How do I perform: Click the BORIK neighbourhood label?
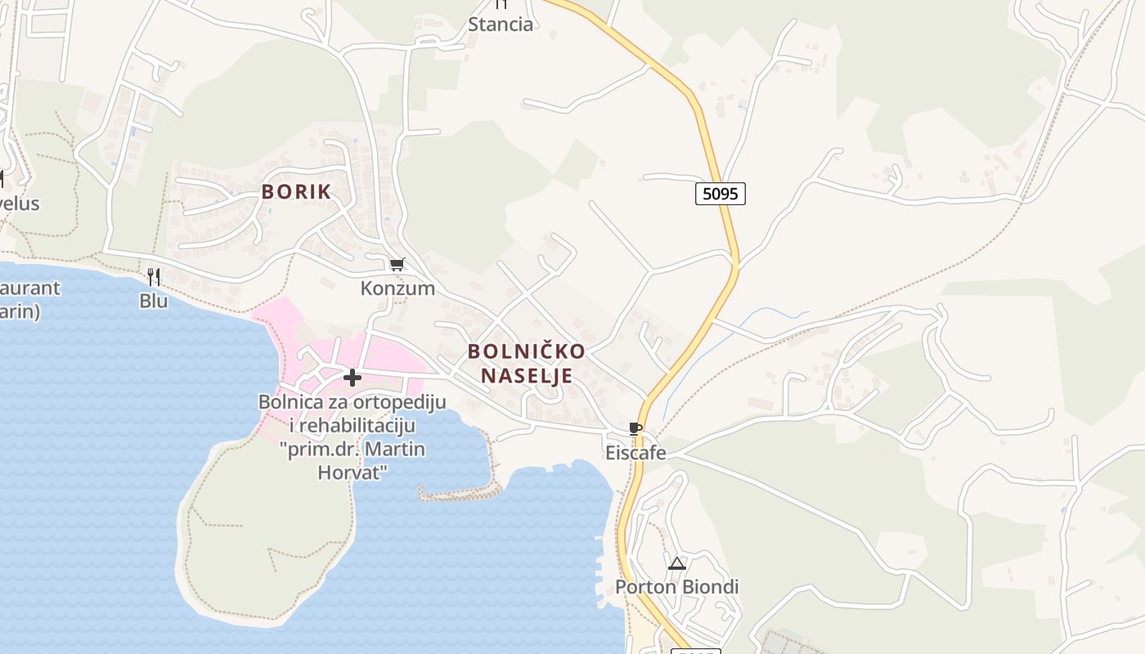[x=296, y=192]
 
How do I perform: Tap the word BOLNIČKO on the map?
[x=526, y=352]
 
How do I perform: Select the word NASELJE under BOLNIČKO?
[x=526, y=376]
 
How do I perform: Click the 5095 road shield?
[x=721, y=194]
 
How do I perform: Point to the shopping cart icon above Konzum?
[x=397, y=264]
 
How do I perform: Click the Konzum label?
[x=397, y=289]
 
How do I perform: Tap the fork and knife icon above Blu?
[x=153, y=276]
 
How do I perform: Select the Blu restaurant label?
[x=153, y=301]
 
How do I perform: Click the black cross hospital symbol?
[x=352, y=378]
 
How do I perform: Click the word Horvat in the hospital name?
[x=352, y=473]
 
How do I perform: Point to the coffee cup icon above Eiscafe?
[x=635, y=428]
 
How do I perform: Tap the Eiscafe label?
[x=635, y=452]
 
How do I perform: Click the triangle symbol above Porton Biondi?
[x=676, y=563]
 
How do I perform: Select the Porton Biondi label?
[x=676, y=587]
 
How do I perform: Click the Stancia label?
[x=501, y=25]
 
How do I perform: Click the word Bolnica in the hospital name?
[x=290, y=401]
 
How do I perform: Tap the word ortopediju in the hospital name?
[x=398, y=401]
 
